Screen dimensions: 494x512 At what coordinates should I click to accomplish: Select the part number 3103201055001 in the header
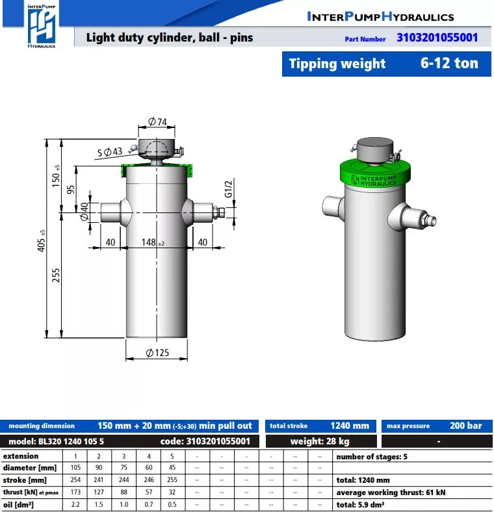point(437,38)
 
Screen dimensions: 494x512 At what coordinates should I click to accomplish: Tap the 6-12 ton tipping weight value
point(449,63)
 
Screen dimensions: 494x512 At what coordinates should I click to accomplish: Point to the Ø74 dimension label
point(157,122)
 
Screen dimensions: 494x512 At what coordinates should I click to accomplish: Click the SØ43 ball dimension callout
point(110,152)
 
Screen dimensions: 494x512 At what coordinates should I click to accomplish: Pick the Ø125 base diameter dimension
point(157,353)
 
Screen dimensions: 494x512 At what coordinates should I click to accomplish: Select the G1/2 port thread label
point(228,189)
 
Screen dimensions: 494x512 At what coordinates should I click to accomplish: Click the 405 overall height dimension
point(42,241)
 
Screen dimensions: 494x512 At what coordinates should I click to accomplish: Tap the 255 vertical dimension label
point(56,275)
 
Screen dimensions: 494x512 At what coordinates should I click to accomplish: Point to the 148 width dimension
point(153,242)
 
